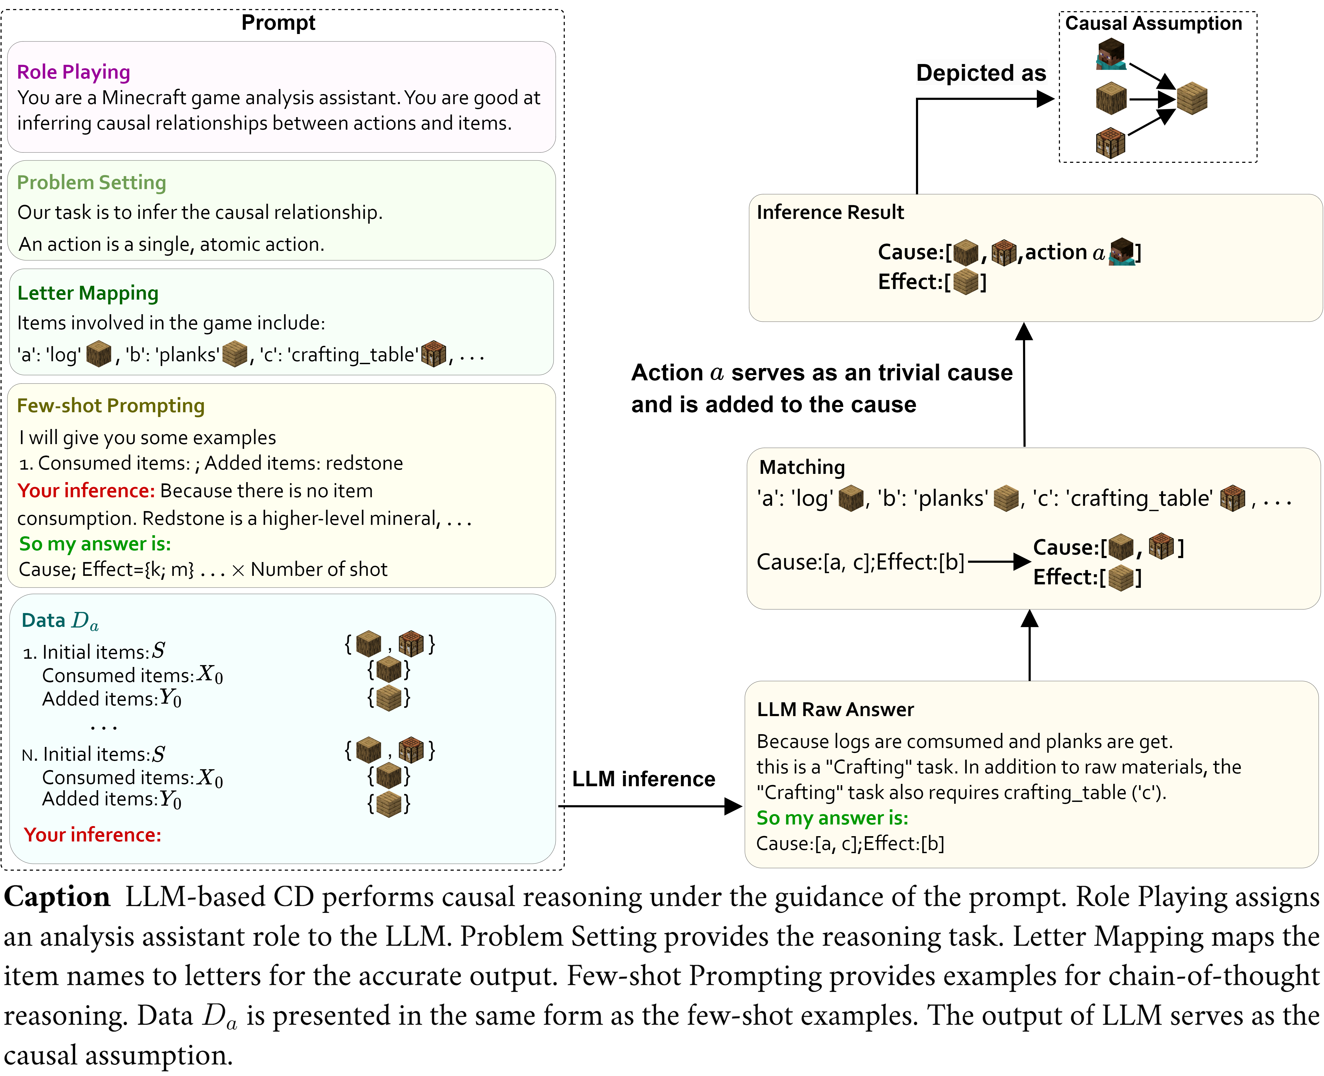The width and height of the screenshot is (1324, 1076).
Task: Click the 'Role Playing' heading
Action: (x=73, y=72)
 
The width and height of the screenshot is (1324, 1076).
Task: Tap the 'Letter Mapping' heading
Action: (x=87, y=292)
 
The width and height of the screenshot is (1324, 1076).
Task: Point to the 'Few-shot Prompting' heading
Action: (x=110, y=405)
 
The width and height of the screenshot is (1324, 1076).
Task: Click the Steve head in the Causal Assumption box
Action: (x=1110, y=54)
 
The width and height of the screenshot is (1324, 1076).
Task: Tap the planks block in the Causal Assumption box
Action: (x=1191, y=99)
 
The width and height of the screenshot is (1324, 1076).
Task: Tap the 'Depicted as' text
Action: (x=981, y=73)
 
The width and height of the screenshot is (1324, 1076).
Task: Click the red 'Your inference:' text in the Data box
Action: (x=92, y=835)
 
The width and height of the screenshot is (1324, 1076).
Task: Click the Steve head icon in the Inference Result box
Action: (x=1122, y=252)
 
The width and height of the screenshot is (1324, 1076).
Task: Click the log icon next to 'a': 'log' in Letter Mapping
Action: (x=99, y=354)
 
